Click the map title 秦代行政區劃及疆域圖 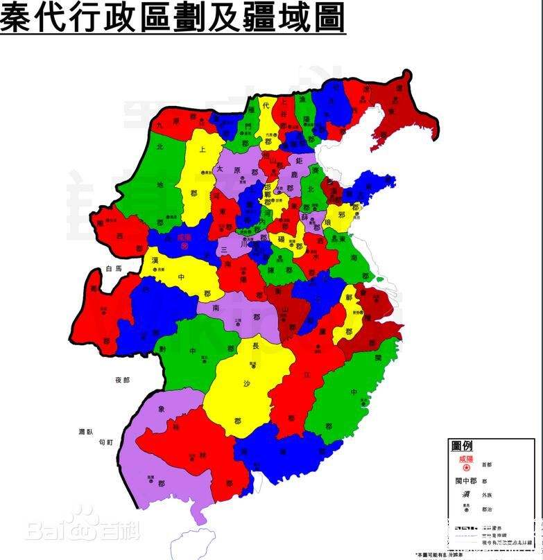(x=172, y=17)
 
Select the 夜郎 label (x=123, y=380)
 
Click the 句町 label (x=105, y=441)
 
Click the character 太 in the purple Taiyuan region (x=220, y=168)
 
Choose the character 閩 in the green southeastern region (x=379, y=358)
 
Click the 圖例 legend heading (x=462, y=446)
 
